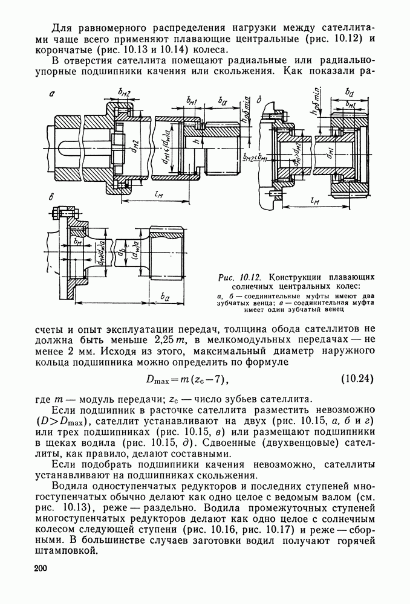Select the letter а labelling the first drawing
tap(52, 94)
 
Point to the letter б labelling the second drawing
tap(259, 98)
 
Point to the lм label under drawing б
tap(314, 201)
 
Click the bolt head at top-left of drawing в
tap(54, 214)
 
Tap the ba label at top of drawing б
tap(349, 91)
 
